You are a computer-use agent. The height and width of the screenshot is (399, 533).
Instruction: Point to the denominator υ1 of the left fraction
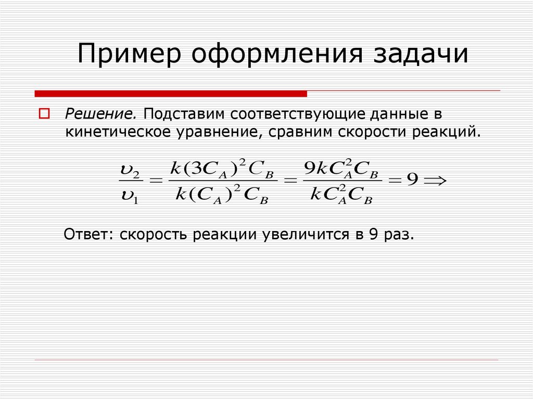click(128, 197)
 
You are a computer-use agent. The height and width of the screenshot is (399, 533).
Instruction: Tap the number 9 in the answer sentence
click(373, 235)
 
